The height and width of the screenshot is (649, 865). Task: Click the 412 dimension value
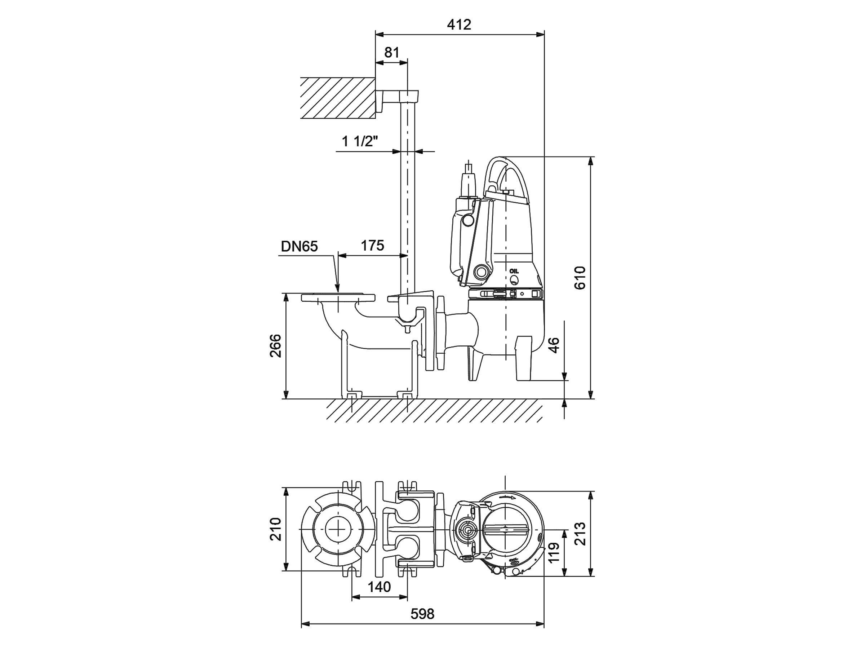(x=459, y=25)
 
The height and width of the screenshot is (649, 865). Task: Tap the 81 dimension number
(x=392, y=52)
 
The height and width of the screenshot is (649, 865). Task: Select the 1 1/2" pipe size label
(x=360, y=141)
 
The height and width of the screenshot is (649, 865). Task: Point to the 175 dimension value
(x=372, y=246)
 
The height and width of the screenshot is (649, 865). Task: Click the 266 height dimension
(x=276, y=346)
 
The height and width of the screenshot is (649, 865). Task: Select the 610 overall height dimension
(x=580, y=278)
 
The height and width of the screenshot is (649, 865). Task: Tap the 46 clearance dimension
(x=554, y=345)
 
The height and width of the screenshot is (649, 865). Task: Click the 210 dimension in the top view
(x=276, y=529)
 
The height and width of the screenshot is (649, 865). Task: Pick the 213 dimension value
(x=580, y=534)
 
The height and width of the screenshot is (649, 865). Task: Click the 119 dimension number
(x=554, y=552)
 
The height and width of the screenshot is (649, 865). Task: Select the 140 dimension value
(x=379, y=587)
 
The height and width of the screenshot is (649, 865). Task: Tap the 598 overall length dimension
(x=422, y=614)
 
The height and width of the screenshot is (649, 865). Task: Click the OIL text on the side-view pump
(x=514, y=271)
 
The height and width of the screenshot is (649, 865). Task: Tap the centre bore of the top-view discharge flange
(x=337, y=529)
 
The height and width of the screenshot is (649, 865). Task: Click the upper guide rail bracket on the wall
(x=396, y=98)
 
